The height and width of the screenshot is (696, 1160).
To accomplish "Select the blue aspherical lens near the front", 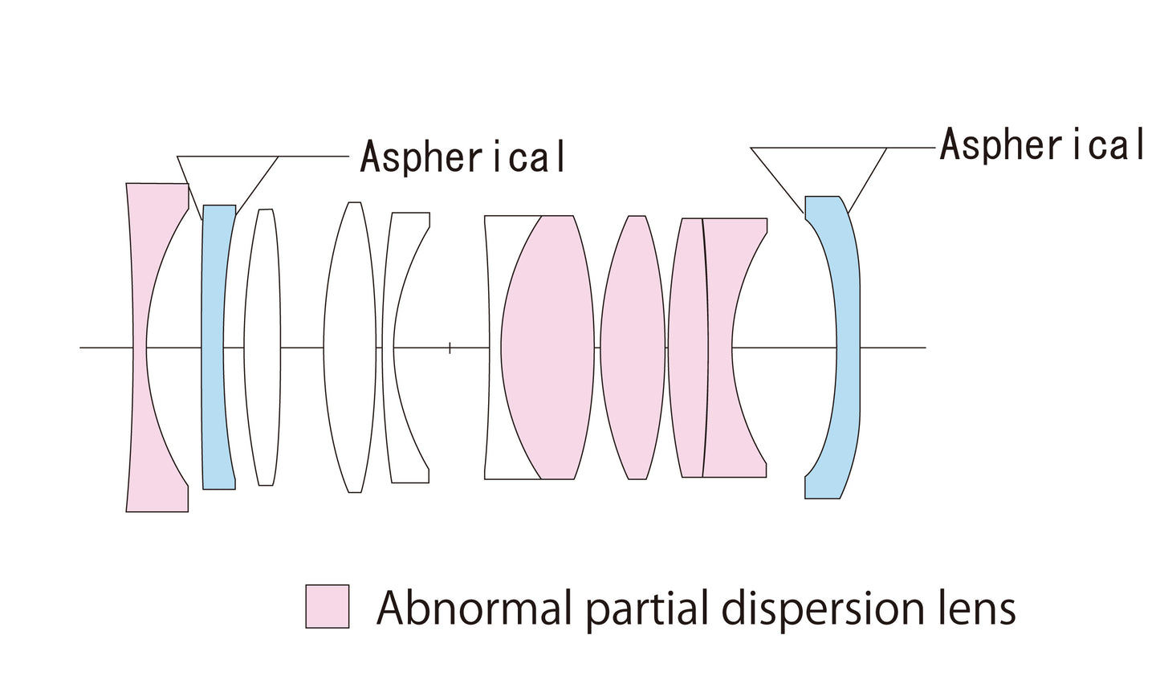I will [217, 347].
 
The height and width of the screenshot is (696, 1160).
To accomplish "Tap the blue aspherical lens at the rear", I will [846, 347].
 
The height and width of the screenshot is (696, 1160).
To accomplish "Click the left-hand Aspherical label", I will [462, 157].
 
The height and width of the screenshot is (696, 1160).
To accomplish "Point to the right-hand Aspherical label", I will [1042, 145].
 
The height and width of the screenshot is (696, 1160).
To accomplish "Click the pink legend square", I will [328, 606].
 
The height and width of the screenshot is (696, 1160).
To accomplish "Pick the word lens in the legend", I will [981, 608].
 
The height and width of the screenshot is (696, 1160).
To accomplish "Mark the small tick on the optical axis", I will [450, 348].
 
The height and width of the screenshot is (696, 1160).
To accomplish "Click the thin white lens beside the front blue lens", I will [263, 347].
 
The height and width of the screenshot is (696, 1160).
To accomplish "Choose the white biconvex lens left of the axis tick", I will [350, 347].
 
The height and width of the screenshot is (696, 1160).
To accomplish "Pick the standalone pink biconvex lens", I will [633, 347].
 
